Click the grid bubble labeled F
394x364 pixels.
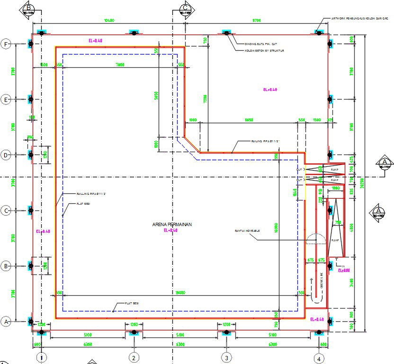[x=6, y=44]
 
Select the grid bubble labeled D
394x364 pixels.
[x=6, y=155]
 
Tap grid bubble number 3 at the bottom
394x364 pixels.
[x=227, y=358]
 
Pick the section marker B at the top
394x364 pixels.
[x=28, y=9]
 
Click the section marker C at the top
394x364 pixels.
[x=186, y=9]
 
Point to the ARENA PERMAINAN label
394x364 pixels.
[x=171, y=225]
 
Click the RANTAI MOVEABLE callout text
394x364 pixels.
[x=247, y=231]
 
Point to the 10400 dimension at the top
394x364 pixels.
[x=110, y=20]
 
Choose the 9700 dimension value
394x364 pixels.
[x=257, y=20]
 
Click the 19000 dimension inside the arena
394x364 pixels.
[x=180, y=292]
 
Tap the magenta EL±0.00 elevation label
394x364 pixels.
[x=344, y=271]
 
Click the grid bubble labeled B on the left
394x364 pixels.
[x=6, y=266]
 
